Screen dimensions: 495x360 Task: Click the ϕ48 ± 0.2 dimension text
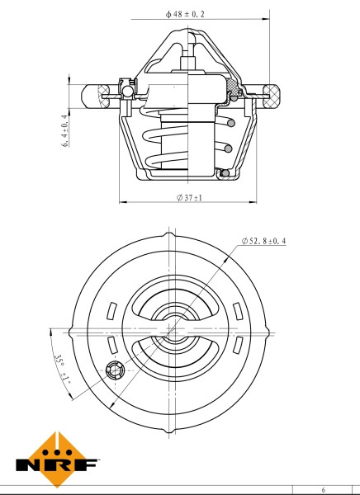185,14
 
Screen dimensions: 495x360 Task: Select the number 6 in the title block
323,489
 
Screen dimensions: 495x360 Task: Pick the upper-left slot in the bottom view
109,310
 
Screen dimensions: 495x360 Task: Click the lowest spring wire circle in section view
224,172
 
